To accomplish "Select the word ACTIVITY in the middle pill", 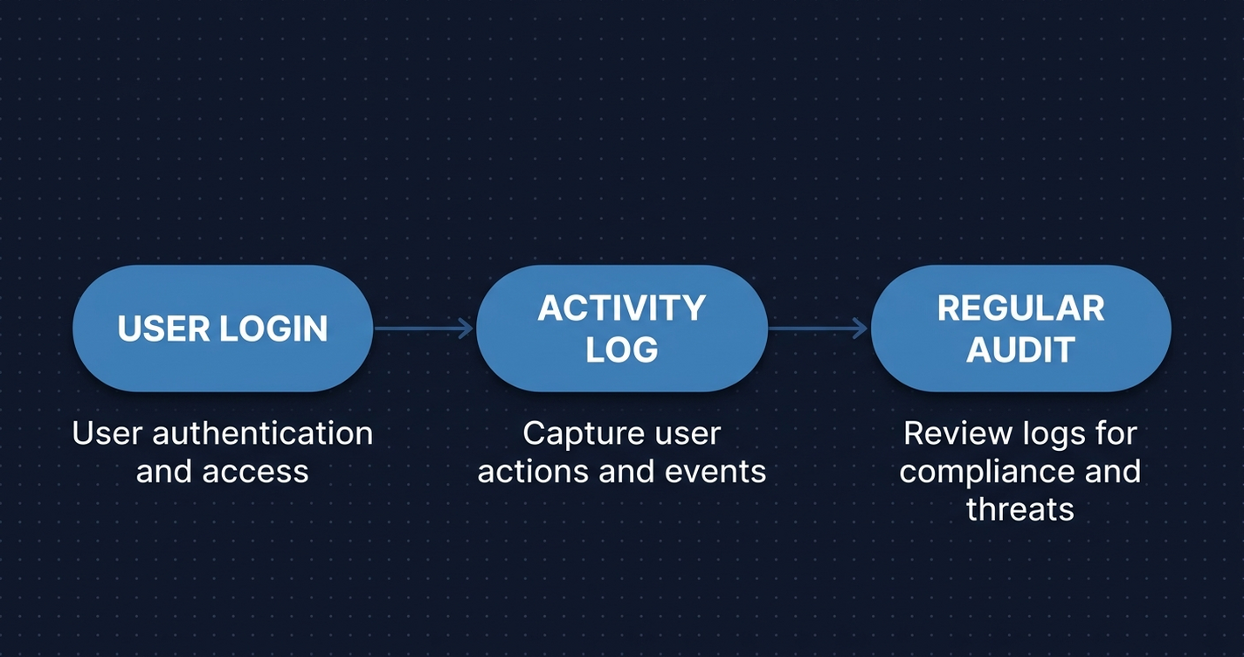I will (x=621, y=308).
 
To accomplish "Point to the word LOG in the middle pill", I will (x=621, y=349).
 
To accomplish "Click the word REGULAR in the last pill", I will (x=1020, y=308).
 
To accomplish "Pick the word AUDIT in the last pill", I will (x=1020, y=349).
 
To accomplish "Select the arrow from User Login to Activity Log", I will (x=424, y=328).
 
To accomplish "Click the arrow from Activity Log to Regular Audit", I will (x=819, y=328).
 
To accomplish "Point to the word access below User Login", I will (x=259, y=472).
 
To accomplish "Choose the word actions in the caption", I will (x=535, y=472).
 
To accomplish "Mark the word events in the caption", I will (x=715, y=472).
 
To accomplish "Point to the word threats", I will (x=1019, y=509).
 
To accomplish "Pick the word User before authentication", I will (x=103, y=433).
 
